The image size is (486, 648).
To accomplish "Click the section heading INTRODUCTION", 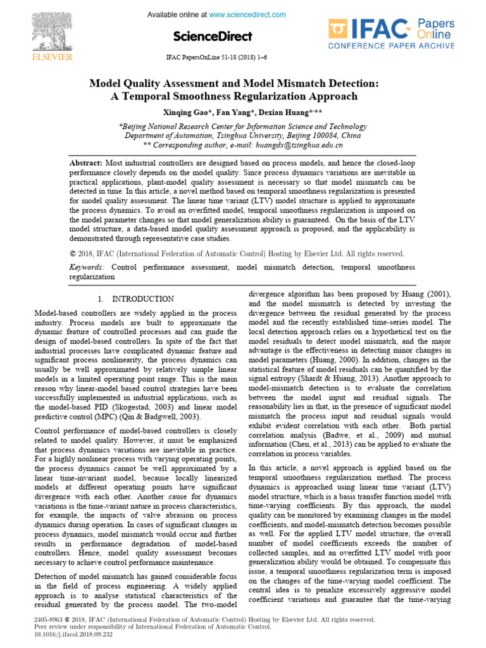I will [x=143, y=299].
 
